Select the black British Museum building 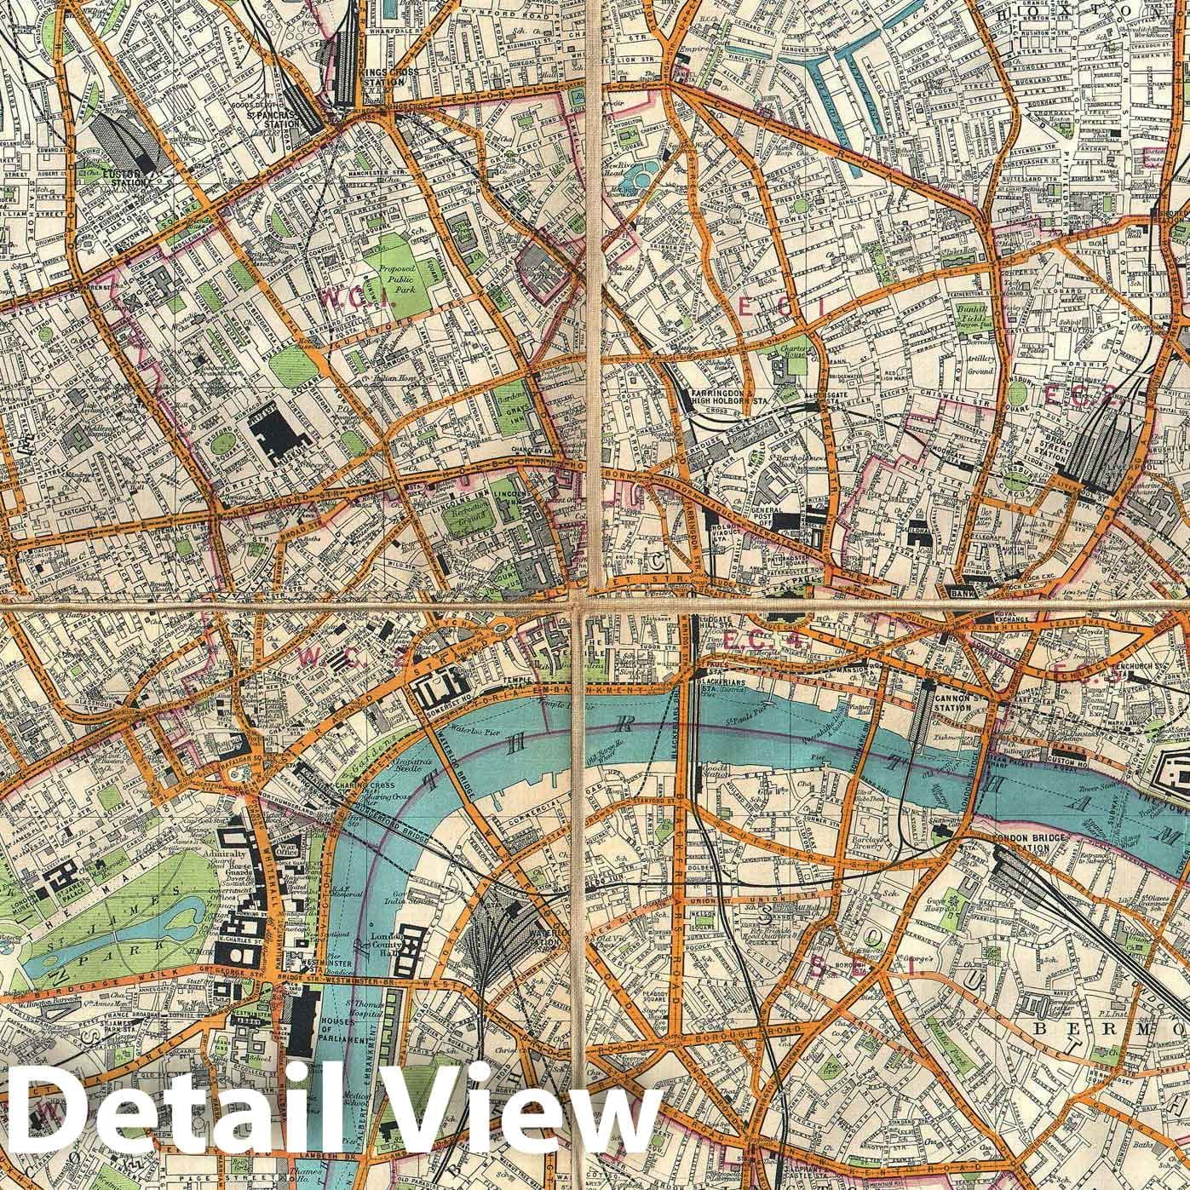pyautogui.click(x=281, y=432)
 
